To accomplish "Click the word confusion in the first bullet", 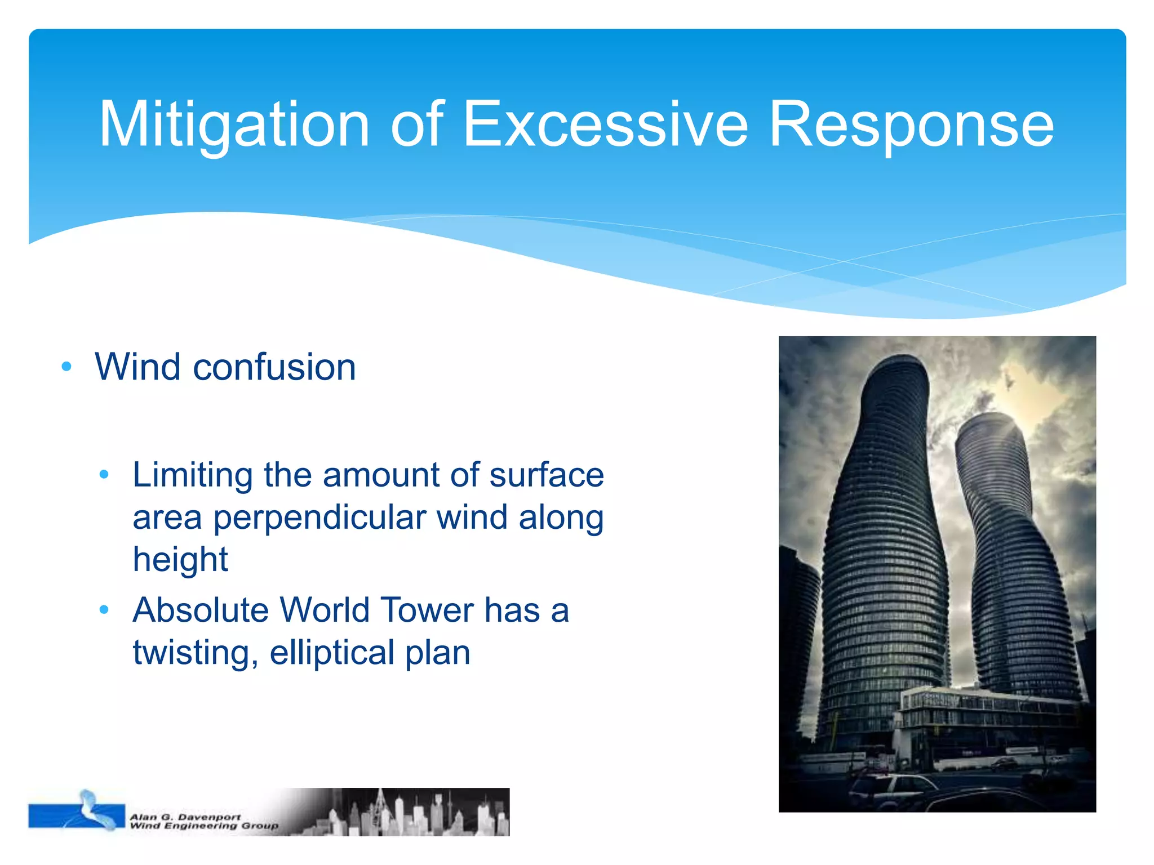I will pos(274,367).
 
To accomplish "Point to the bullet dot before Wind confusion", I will pos(66,367).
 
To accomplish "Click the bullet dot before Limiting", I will pos(104,475).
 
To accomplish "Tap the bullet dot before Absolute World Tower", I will pos(104,609).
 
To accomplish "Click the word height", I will pos(180,559).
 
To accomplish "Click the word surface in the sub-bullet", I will pos(547,475).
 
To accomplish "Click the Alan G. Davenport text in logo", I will pos(185,817).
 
